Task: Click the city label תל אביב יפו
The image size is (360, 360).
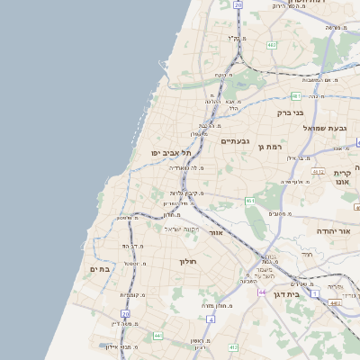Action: (168, 153)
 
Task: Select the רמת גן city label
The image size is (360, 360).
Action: (270, 146)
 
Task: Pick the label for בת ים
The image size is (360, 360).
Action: (99, 268)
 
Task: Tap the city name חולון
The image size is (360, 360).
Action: (188, 261)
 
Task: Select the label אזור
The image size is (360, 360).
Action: (215, 232)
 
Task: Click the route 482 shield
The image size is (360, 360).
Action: (272, 44)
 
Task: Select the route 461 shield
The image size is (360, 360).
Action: (250, 201)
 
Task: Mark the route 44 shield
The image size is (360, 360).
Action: (261, 292)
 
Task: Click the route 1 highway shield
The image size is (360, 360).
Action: (314, 293)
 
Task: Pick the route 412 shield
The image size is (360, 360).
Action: (233, 346)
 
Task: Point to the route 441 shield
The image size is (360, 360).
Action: (158, 336)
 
